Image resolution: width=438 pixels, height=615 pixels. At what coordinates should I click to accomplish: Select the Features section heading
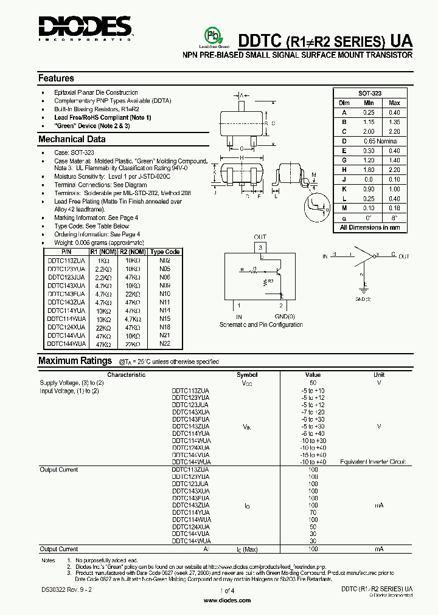click(x=56, y=78)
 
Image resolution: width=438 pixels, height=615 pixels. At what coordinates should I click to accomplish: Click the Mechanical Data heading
click(x=72, y=139)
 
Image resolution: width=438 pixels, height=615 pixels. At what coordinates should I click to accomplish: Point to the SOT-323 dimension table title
click(x=369, y=94)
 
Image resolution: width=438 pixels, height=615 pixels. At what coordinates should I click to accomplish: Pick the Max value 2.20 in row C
click(x=394, y=131)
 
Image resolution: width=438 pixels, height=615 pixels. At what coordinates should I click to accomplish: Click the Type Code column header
click(x=164, y=252)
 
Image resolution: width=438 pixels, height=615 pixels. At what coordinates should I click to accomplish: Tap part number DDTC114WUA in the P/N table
click(x=66, y=318)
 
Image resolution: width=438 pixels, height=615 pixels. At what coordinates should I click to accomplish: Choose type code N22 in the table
click(x=164, y=343)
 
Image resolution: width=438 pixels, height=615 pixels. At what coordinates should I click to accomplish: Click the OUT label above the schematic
click(x=260, y=237)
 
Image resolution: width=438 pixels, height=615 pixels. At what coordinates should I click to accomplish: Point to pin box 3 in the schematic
click(x=260, y=247)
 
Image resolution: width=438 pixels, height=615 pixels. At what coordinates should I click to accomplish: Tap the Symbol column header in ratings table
click(x=246, y=375)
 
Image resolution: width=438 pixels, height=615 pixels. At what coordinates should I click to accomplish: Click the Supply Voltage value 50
click(x=313, y=383)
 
